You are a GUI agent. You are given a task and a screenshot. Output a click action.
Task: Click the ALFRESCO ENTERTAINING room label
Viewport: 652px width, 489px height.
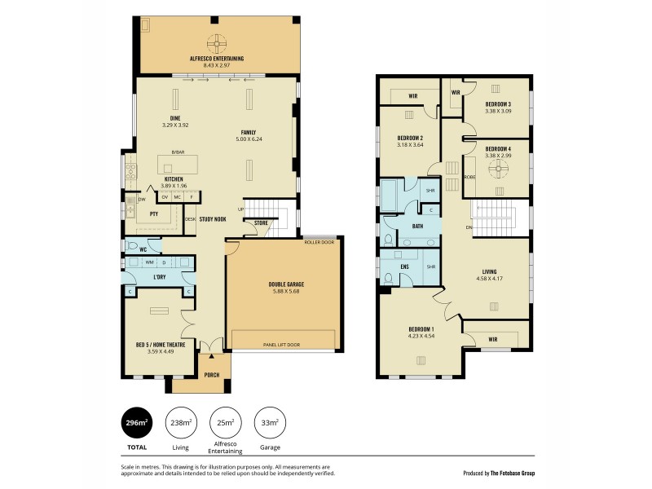(217, 59)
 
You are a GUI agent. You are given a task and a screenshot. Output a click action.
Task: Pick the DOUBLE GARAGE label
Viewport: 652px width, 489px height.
(284, 284)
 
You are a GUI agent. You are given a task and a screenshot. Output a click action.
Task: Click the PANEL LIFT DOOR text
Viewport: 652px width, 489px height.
(282, 345)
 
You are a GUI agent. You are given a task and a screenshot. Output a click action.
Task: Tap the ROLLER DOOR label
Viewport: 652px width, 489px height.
(320, 242)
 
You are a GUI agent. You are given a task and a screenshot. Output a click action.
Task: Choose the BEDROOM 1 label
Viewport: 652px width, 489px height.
(421, 328)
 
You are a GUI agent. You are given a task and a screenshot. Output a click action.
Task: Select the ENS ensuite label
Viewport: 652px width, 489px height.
(403, 267)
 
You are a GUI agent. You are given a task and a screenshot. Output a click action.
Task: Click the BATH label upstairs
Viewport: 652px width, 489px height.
(417, 227)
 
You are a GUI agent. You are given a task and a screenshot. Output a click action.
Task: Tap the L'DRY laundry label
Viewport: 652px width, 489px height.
(159, 279)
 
